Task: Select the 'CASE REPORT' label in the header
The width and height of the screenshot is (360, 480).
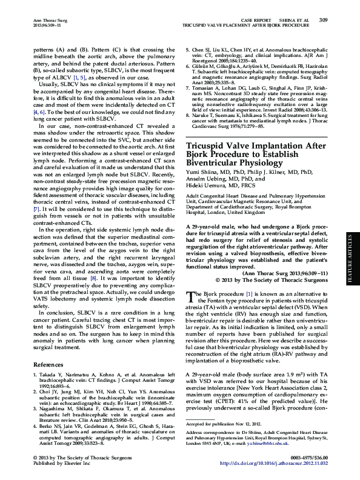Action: tap(255, 20)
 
